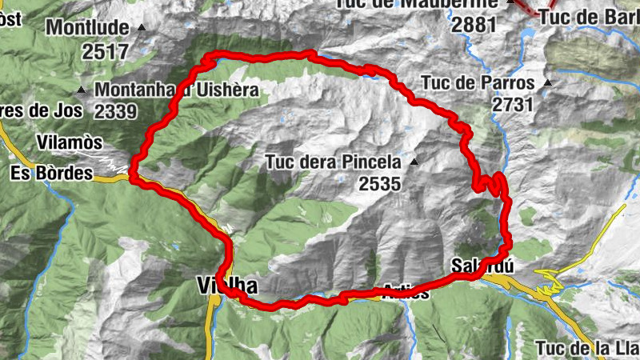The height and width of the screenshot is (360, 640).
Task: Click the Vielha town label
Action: (222, 285)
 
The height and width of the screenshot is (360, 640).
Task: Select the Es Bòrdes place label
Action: (52, 173)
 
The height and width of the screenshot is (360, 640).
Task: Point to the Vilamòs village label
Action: (70, 142)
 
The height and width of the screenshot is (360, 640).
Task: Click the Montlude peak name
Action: (87, 28)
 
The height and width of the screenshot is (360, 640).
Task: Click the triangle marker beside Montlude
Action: (142, 28)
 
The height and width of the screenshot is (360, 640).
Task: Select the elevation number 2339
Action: (115, 110)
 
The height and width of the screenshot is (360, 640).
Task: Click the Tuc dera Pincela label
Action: (333, 162)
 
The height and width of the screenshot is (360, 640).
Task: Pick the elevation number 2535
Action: (379, 184)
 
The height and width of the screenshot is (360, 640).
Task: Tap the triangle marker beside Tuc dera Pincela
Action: (414, 162)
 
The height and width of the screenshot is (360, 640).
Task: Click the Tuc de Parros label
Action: (478, 82)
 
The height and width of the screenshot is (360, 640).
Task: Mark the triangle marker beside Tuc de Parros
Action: (548, 82)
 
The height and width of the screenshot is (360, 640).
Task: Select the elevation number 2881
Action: (474, 24)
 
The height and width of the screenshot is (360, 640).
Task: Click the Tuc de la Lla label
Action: (586, 347)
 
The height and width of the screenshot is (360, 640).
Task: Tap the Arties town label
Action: (406, 292)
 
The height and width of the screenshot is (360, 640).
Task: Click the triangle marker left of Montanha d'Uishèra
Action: (82, 90)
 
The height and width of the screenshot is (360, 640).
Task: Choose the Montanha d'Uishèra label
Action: (176, 90)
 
